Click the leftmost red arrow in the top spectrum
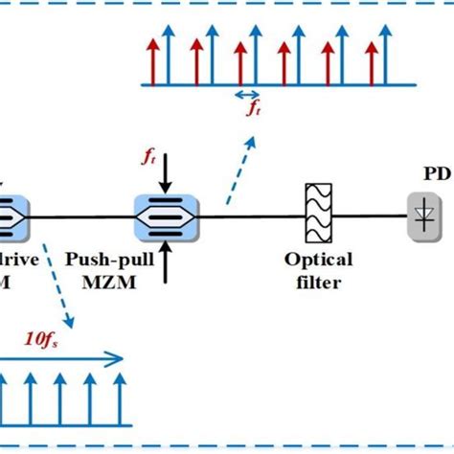[150, 60]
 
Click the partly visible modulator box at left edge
[14, 218]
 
